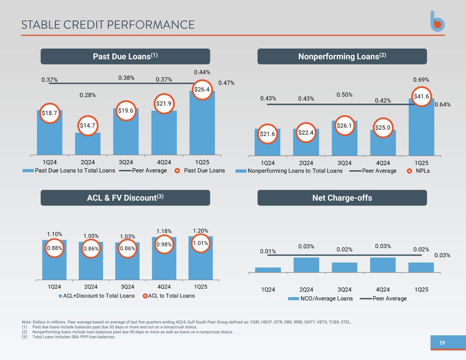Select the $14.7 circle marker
pos(87,126)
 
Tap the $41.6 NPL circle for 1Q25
pos(421,97)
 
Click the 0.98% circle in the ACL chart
pos(164,244)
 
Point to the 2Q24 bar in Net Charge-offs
pos(306,265)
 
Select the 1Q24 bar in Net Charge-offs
pos(268,270)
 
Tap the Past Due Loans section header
pos(125,56)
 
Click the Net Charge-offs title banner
pos(342,198)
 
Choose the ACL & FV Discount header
pos(125,198)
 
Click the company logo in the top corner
pos(437,21)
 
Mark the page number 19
pos(442,343)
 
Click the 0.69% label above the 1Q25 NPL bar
pos(421,80)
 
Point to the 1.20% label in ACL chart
pos(200,231)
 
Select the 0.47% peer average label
pos(226,83)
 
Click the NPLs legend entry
pos(419,171)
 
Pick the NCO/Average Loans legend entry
pos(321,299)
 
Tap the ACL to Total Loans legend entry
pos(169,296)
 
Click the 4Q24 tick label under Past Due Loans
pos(164,162)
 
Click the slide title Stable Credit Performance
pos(108,25)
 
